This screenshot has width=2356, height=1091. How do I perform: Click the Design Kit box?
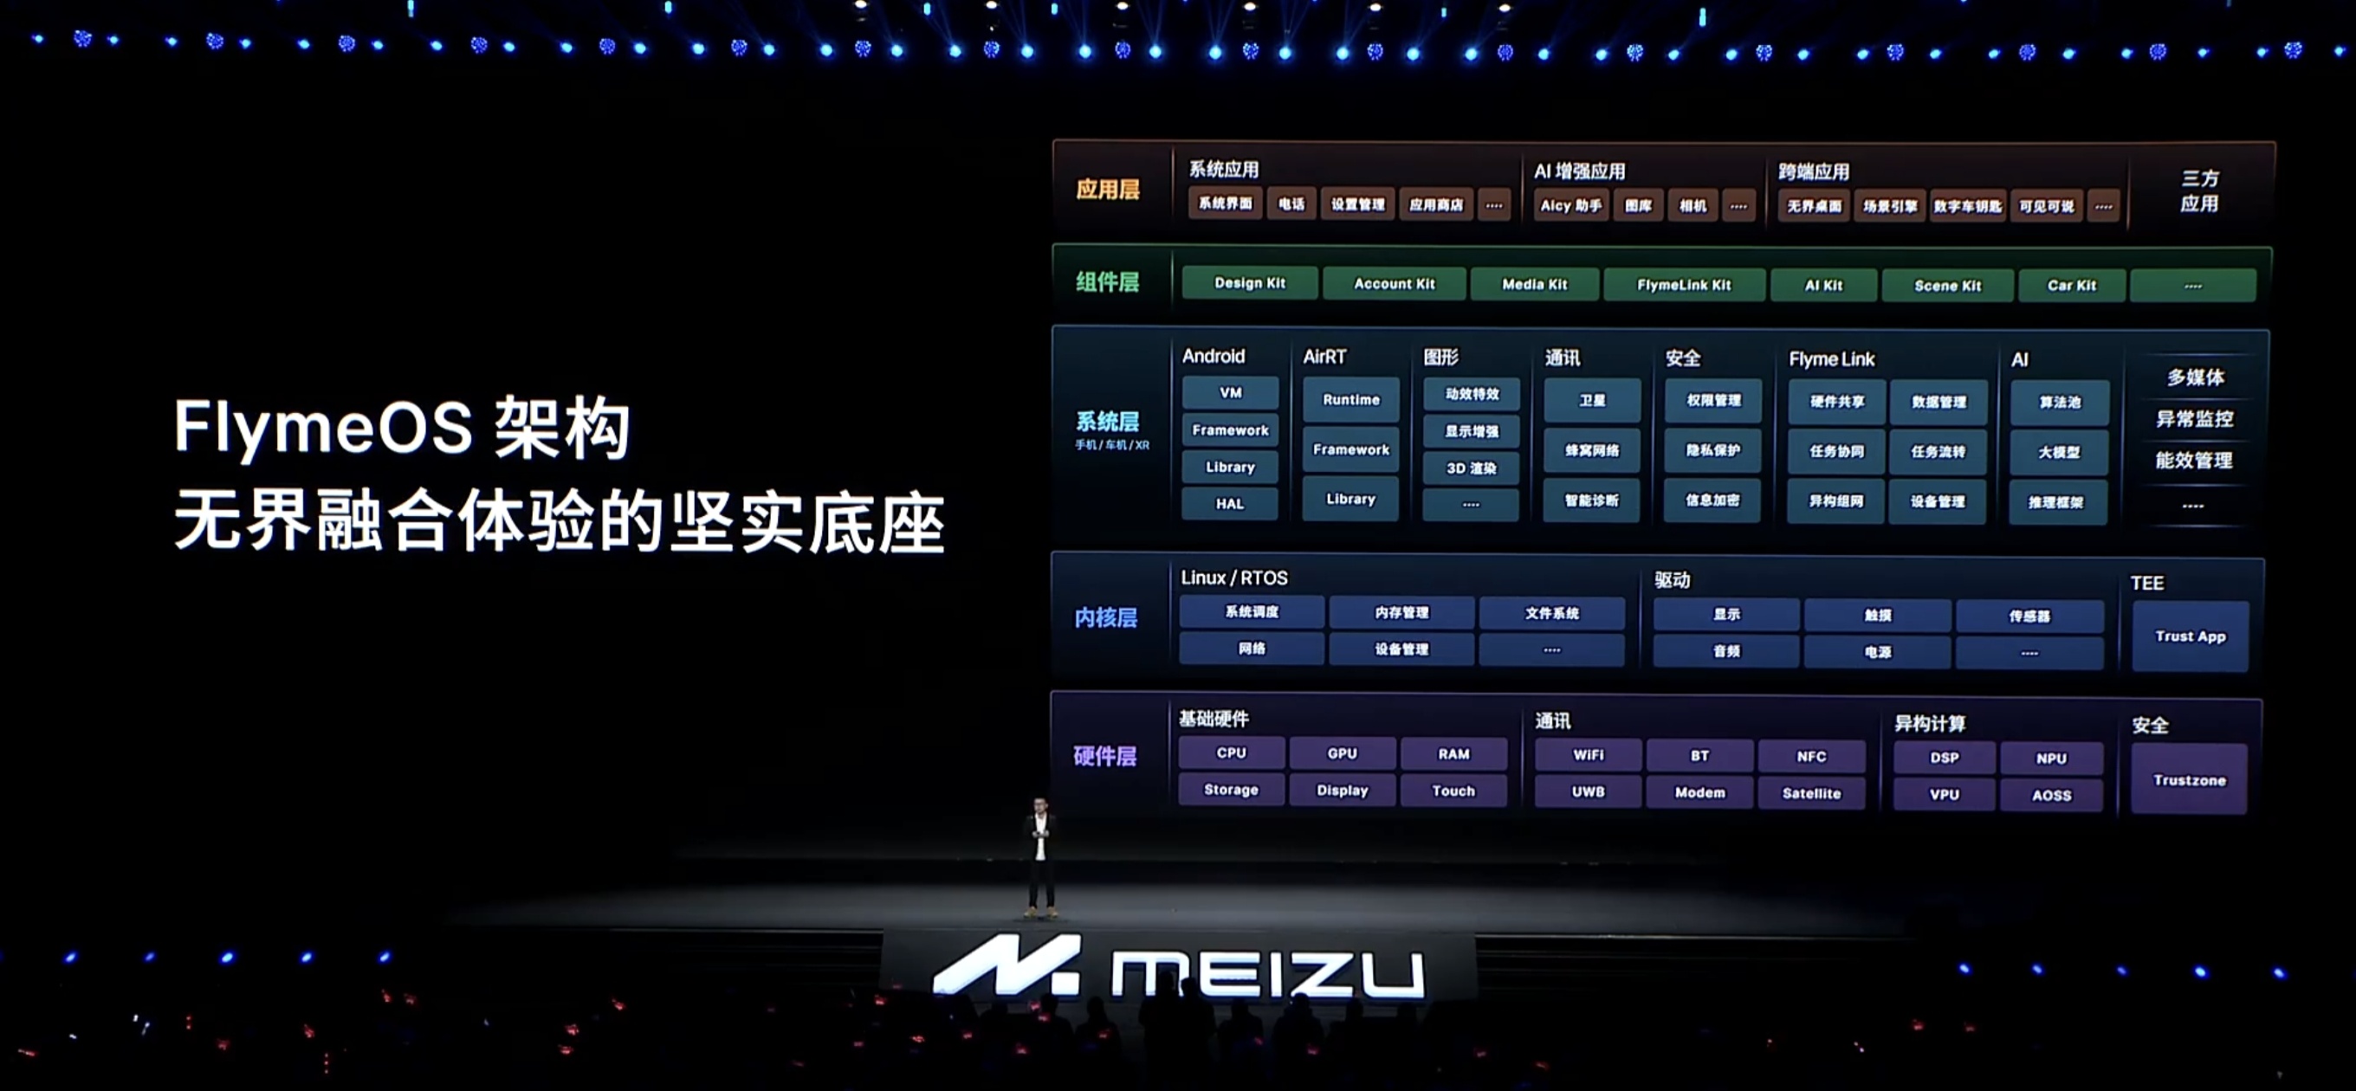point(1249,283)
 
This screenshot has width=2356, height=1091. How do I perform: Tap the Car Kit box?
point(2071,286)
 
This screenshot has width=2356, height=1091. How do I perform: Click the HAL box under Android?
point(1229,504)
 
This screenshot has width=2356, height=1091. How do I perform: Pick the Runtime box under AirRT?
point(1351,400)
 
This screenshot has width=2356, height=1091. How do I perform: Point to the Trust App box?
point(2190,636)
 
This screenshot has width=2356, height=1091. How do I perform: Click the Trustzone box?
point(2189,780)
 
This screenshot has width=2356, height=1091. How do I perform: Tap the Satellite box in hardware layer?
point(1811,793)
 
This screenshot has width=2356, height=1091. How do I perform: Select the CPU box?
point(1231,753)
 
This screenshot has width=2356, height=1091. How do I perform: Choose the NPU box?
point(2050,759)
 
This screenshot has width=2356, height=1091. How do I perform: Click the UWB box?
point(1588,792)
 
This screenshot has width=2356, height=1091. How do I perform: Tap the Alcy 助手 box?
point(1570,206)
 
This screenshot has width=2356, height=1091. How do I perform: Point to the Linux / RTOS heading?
point(1233,578)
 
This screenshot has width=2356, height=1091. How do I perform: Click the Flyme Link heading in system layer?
point(1831,359)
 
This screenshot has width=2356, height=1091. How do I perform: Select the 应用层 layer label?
point(1108,190)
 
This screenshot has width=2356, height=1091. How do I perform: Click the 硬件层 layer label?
point(1105,756)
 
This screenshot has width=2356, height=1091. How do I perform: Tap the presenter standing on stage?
point(1040,855)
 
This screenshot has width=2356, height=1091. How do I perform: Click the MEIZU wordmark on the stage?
point(1266,973)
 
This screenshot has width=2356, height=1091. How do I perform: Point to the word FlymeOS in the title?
point(323,427)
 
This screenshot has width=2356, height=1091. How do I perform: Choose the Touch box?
point(1453,791)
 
